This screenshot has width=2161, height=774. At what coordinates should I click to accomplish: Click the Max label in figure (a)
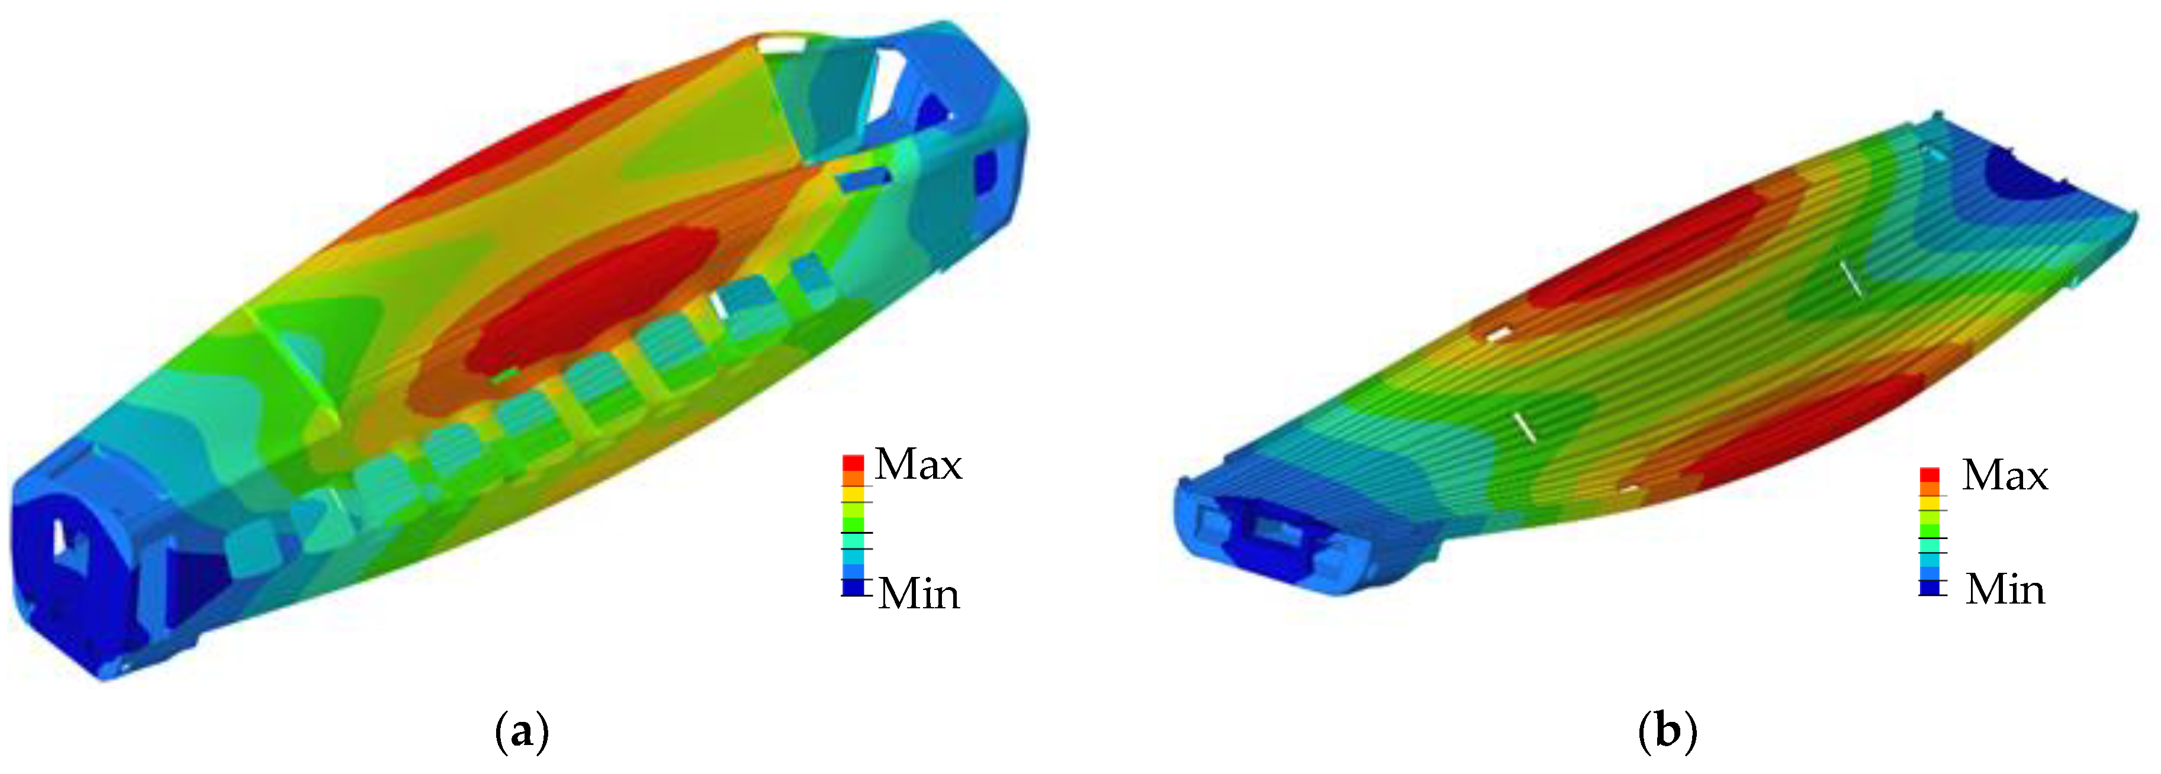(919, 465)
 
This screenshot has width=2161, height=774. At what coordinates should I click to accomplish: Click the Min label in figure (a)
(919, 594)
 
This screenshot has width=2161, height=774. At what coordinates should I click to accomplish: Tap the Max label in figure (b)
(2005, 476)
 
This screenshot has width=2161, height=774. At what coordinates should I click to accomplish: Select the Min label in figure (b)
(2005, 589)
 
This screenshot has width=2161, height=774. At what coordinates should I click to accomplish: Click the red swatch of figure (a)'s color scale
(853, 463)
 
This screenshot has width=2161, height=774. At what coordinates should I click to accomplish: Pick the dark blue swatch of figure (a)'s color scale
(853, 587)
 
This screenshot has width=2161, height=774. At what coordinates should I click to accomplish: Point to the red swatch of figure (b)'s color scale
(1930, 475)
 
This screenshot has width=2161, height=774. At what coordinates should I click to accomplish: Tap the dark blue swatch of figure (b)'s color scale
(1930, 588)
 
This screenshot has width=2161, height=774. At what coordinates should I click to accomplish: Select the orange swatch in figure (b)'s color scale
(1930, 489)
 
